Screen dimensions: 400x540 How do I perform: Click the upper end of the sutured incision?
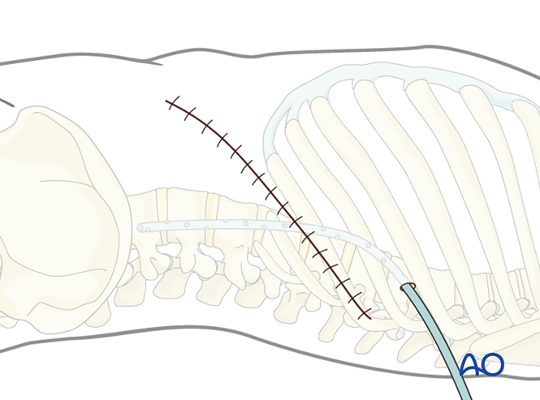[166, 101]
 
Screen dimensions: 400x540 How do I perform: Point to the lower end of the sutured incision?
[371, 318]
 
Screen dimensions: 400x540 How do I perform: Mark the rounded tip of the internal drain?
[140, 227]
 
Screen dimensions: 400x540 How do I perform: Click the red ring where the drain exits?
[408, 286]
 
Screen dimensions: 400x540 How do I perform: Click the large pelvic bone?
[57, 203]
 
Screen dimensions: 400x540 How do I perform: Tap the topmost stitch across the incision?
[173, 102]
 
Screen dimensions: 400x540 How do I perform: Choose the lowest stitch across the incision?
[365, 312]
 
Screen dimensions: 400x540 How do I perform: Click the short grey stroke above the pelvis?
[6, 102]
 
